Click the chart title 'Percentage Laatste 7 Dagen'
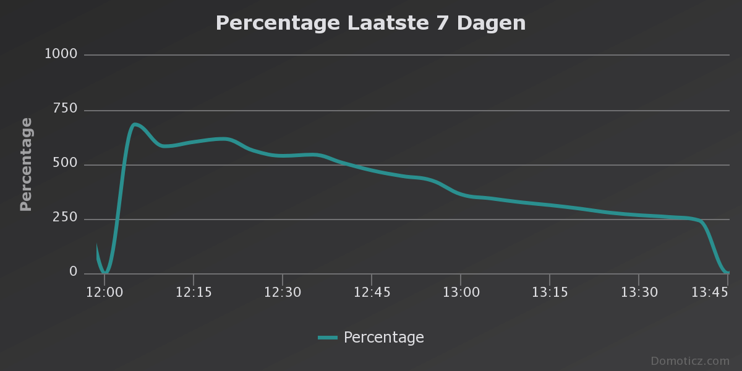(370, 23)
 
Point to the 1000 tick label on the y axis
(61, 54)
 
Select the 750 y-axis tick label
(65, 109)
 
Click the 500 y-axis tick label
(65, 163)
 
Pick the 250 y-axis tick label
(65, 218)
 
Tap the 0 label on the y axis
(74, 272)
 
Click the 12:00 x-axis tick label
(104, 292)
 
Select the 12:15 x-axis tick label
(194, 292)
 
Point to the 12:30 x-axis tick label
(283, 292)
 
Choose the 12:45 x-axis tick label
(372, 292)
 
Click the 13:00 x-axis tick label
(461, 292)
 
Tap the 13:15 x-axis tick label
(550, 292)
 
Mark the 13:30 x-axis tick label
(639, 292)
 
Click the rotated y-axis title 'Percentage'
(26, 164)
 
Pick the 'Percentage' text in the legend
(383, 338)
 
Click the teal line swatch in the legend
(328, 338)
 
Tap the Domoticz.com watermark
(689, 361)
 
